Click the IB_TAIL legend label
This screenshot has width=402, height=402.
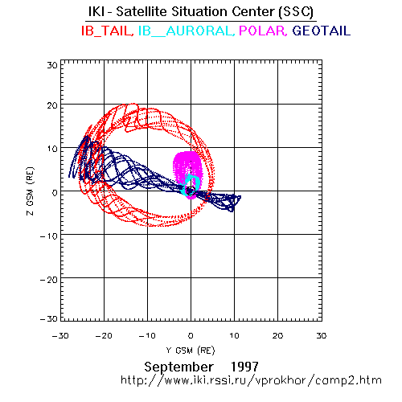pyautogui.click(x=108, y=31)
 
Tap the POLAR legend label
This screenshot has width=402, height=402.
pyautogui.click(x=263, y=31)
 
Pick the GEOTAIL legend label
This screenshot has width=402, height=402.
pyautogui.click(x=322, y=31)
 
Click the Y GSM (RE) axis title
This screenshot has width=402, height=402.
pyautogui.click(x=191, y=351)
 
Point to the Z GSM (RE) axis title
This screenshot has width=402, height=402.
pyautogui.click(x=31, y=191)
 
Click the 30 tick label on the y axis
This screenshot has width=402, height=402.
pyautogui.click(x=52, y=65)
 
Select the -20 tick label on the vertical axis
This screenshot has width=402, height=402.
pyautogui.click(x=49, y=280)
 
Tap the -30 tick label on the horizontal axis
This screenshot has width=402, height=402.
pyautogui.click(x=60, y=336)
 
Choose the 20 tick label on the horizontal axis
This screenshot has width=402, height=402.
pyautogui.click(x=278, y=336)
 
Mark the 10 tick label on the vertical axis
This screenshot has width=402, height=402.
pyautogui.click(x=52, y=149)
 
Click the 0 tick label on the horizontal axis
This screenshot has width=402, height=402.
pyautogui.click(x=191, y=336)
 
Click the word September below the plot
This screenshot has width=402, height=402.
pyautogui.click(x=178, y=367)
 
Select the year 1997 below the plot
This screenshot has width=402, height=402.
pyautogui.click(x=244, y=367)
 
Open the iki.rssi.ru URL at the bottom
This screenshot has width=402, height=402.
pyautogui.click(x=251, y=380)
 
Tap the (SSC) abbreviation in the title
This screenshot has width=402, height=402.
pyautogui.click(x=296, y=12)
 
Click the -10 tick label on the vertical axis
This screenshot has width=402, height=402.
pyautogui.click(x=49, y=236)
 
